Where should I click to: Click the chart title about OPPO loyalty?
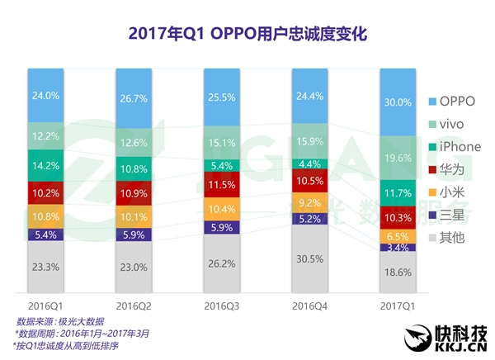247,34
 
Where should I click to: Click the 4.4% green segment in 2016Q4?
311,163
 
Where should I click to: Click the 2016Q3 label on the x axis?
223,306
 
